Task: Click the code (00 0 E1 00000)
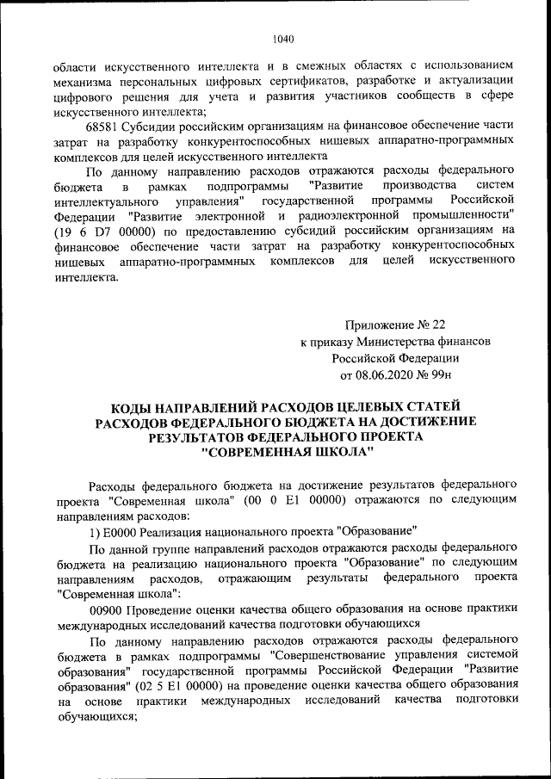pyautogui.click(x=294, y=500)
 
